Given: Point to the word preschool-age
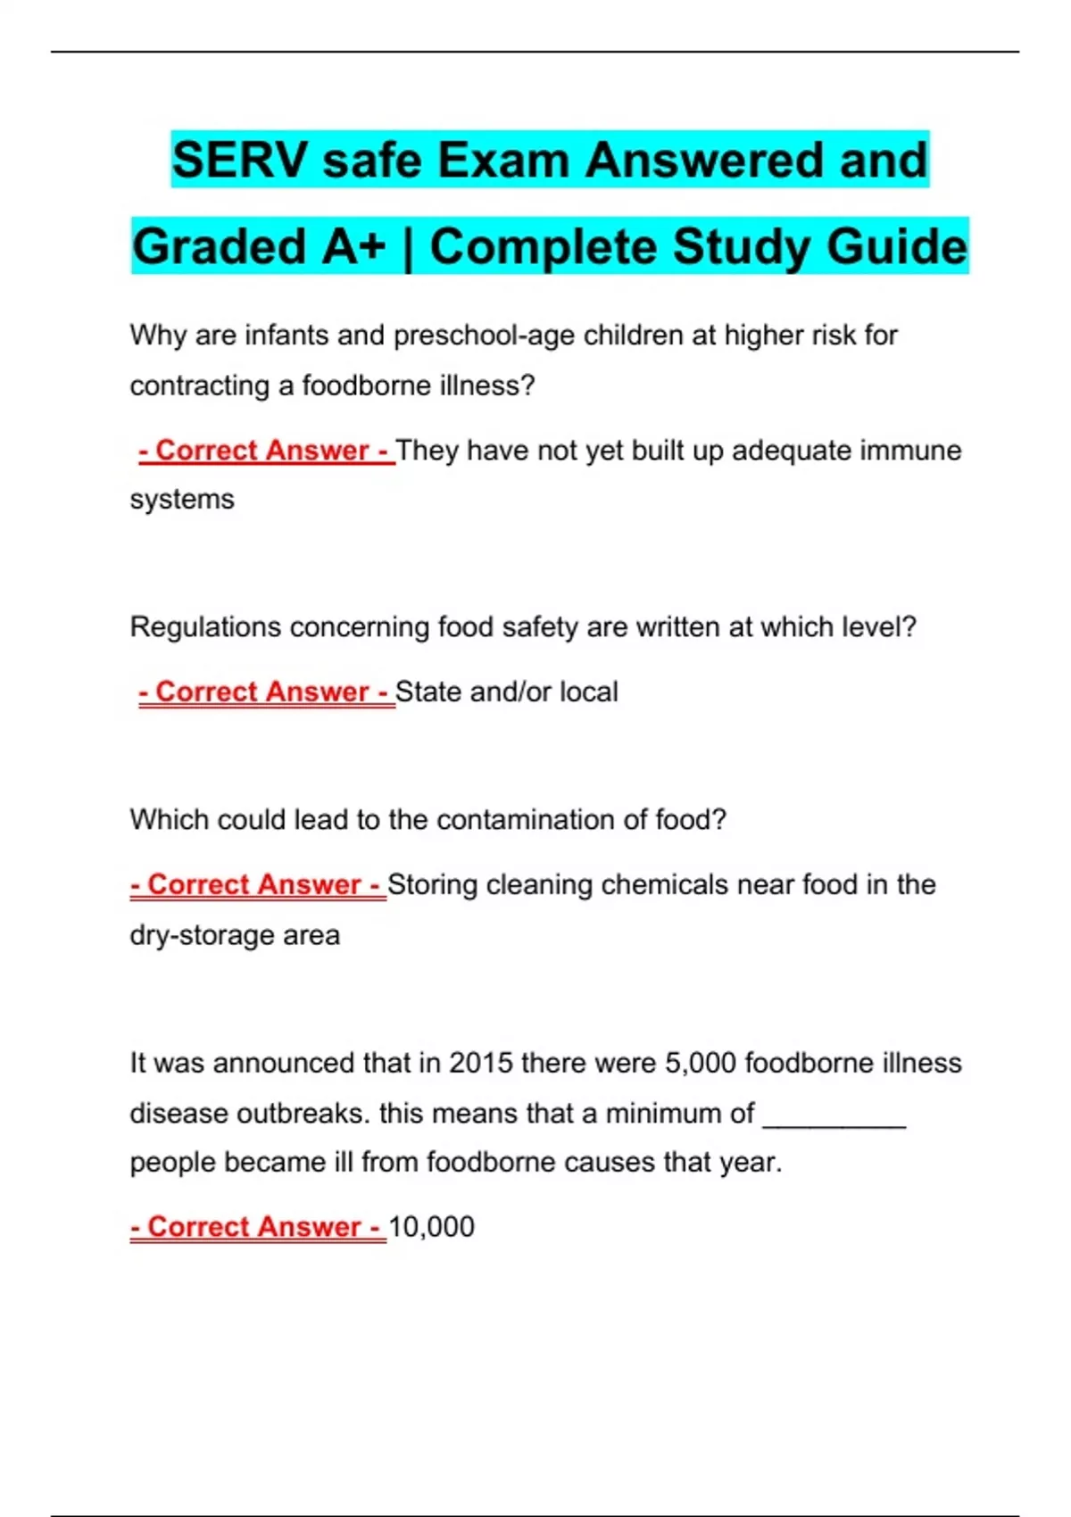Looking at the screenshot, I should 484,336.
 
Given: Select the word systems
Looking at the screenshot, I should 182,500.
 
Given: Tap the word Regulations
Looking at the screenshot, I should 205,627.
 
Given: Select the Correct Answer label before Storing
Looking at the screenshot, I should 258,885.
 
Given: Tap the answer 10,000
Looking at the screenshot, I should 431,1227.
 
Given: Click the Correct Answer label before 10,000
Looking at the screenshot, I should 258,1227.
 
